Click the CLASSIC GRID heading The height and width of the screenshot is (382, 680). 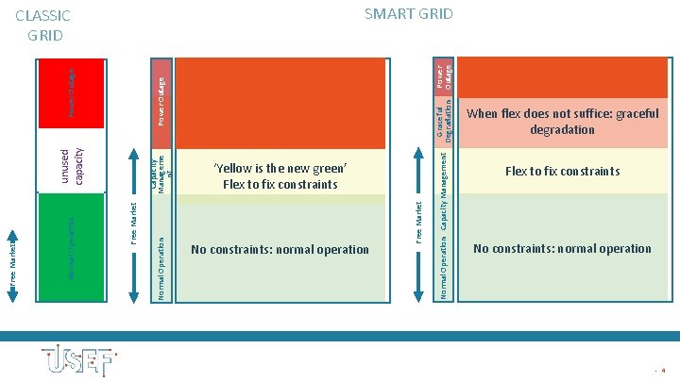[x=44, y=26]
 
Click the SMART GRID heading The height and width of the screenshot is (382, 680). [x=408, y=14]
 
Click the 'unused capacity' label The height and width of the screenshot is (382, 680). [x=71, y=167]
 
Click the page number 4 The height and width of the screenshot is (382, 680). [x=664, y=371]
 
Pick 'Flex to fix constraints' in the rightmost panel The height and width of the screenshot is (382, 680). [x=562, y=171]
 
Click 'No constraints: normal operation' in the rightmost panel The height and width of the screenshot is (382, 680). [x=562, y=249]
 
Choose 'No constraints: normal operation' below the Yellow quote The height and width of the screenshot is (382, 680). [x=280, y=250]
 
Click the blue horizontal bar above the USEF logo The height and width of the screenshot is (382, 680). [x=340, y=336]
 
